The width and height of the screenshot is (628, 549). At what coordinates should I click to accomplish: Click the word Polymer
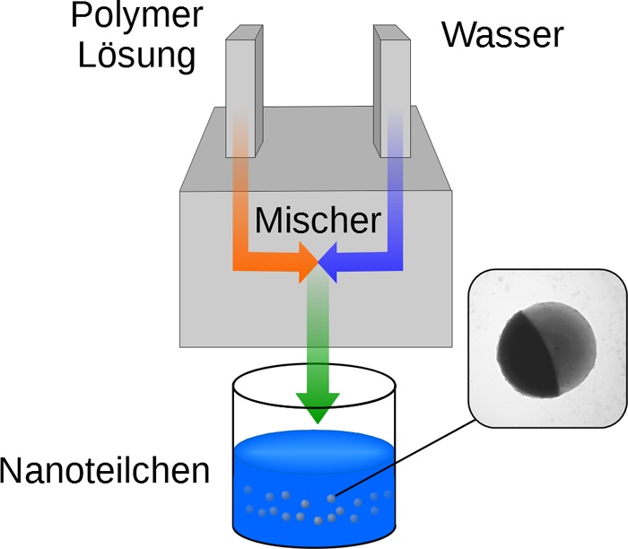click(137, 16)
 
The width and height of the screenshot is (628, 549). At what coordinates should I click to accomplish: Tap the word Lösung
click(137, 56)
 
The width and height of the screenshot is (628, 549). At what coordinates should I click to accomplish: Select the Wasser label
click(503, 34)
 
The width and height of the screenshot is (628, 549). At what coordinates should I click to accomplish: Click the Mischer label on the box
click(318, 220)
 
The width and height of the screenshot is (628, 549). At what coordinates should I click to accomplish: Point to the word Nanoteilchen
click(105, 471)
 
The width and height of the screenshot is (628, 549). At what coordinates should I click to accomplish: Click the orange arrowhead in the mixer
click(309, 263)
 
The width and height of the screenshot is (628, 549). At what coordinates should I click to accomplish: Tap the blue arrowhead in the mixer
click(328, 263)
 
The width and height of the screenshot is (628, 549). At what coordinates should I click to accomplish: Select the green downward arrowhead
click(318, 408)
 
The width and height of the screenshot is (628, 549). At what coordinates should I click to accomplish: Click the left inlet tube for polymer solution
click(244, 91)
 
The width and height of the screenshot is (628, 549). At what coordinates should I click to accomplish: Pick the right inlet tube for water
click(392, 91)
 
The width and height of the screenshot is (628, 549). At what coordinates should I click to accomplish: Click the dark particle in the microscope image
click(546, 350)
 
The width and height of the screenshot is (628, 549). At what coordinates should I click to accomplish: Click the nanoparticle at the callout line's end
click(331, 498)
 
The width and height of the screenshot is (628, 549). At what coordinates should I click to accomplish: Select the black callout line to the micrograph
click(405, 457)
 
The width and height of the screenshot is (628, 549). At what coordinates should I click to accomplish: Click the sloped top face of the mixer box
click(317, 149)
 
